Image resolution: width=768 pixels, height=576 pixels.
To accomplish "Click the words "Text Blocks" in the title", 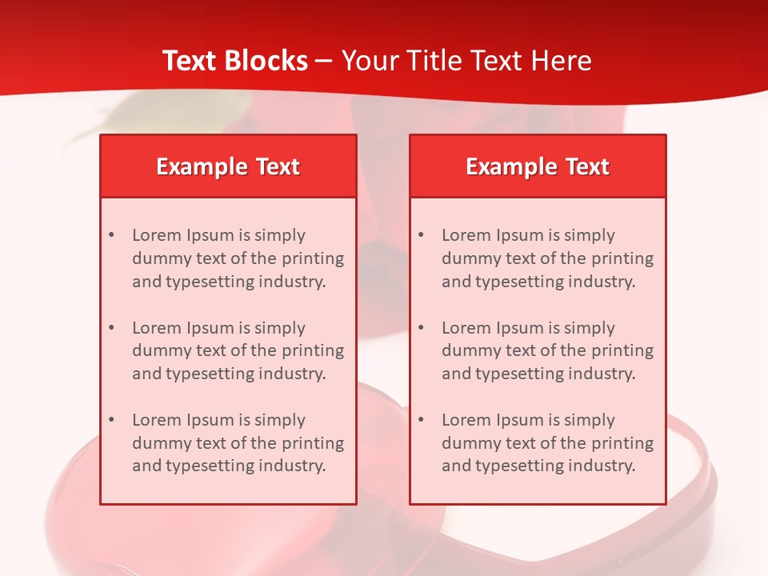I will pos(234,61).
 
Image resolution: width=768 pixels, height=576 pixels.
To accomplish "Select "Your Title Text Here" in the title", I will pos(466,61).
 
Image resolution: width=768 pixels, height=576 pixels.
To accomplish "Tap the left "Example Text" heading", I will pos(228,166).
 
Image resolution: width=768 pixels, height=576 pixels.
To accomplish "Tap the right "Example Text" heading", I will pos(538,166).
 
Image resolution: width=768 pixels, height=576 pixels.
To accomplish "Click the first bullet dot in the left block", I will pos(111,235).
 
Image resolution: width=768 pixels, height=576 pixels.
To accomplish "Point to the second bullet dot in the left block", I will pos(111,328).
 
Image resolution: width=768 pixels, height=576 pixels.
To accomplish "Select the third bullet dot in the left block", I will pos(111,420).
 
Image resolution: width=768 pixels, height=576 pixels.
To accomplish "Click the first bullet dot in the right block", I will pos(421,235).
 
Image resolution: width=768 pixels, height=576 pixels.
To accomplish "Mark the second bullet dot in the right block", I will pos(421,328).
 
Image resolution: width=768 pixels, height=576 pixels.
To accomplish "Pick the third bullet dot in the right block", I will pos(421,420).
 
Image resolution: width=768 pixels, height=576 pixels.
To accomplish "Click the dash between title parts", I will pos(324,62).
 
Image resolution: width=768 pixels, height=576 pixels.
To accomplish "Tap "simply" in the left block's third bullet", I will pos(279,421).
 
